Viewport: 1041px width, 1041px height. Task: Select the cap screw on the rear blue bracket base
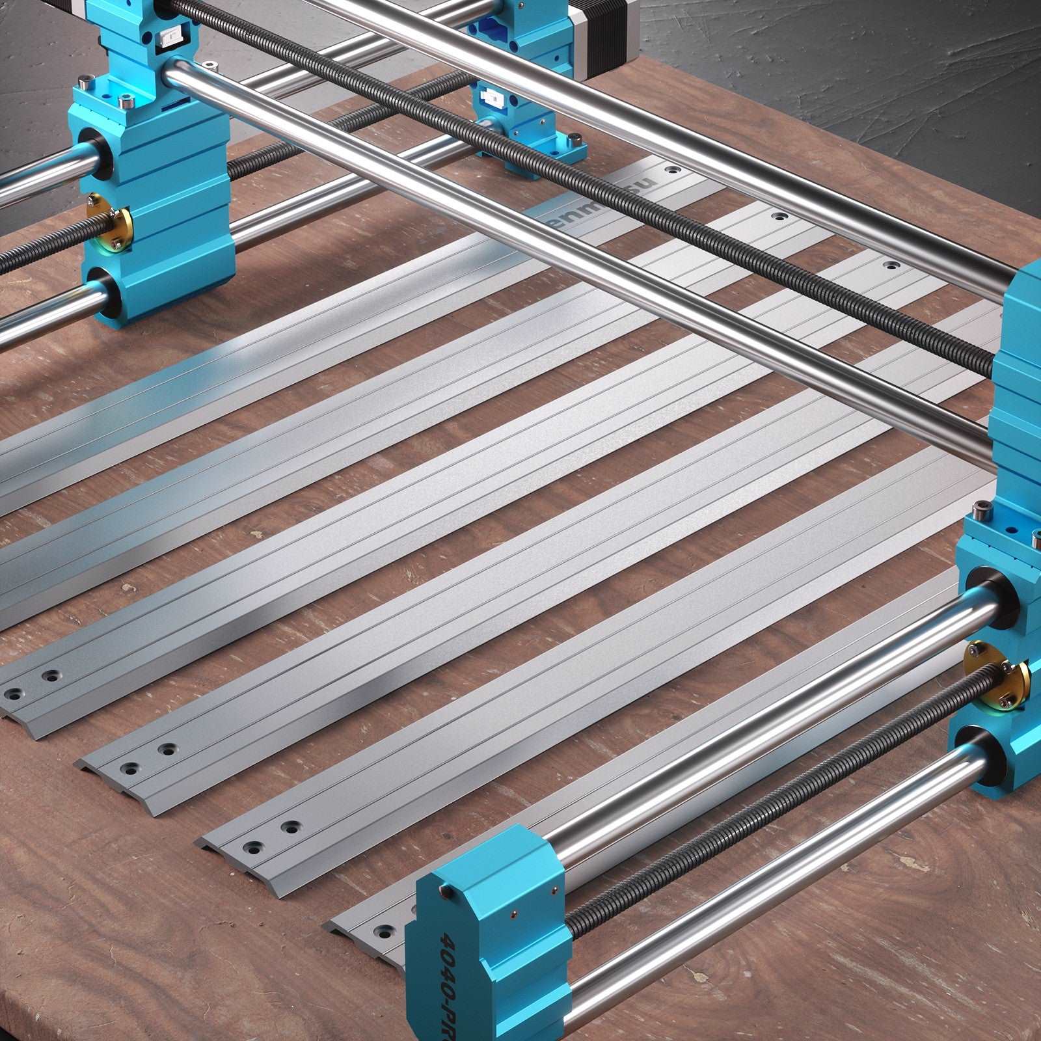pos(574,139)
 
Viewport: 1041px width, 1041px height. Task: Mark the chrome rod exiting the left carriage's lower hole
pos(39,322)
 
